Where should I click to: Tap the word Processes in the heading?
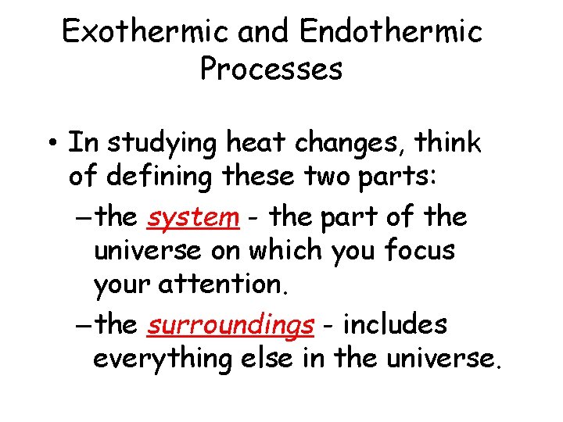tap(271, 69)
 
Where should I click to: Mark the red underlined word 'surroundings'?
tap(230, 326)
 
